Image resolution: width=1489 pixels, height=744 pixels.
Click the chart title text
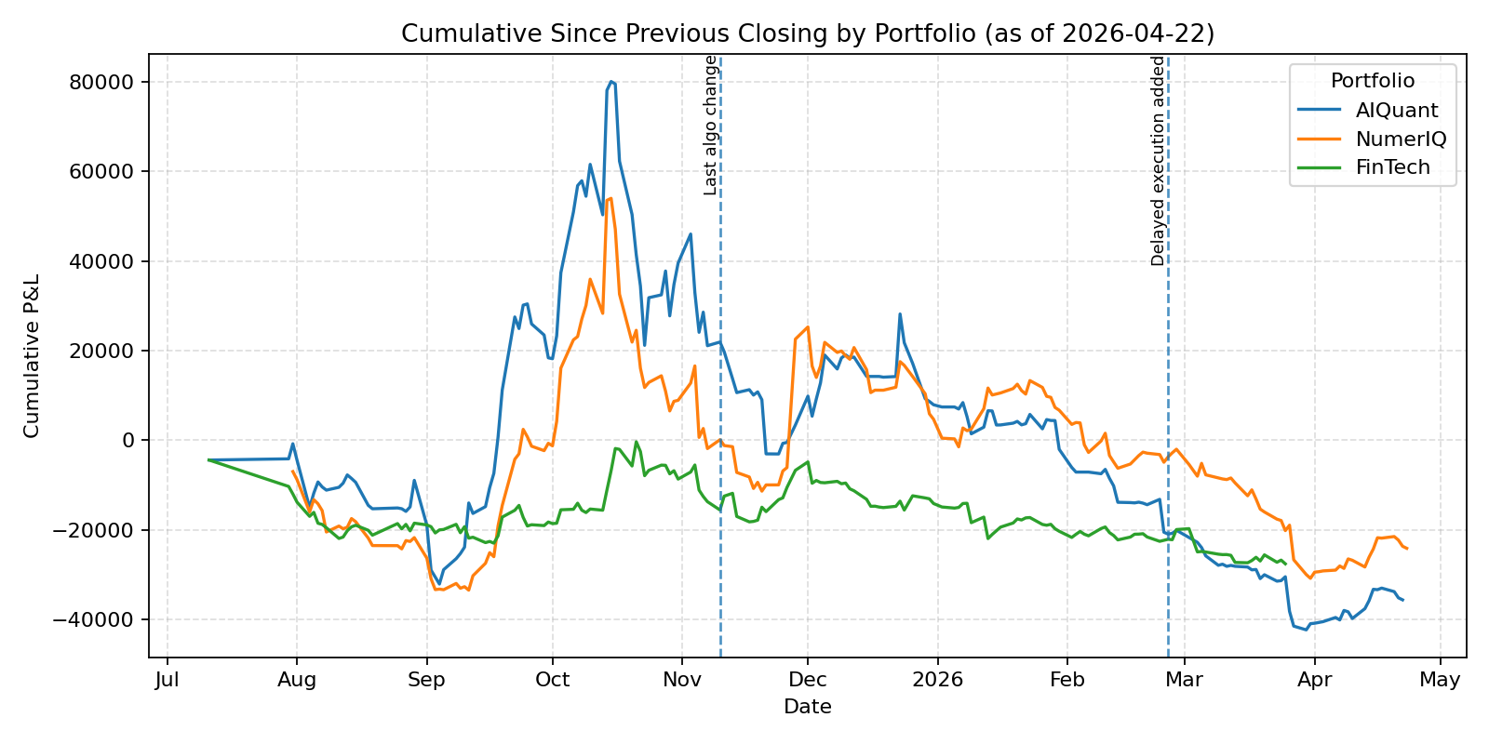[x=807, y=34]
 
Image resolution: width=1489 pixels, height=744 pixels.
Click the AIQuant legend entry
[x=1396, y=111]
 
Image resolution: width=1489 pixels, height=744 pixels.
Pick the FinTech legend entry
[x=1392, y=168]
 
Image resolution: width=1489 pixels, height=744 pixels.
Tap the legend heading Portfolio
[x=1372, y=81]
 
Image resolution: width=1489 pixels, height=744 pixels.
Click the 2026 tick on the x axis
[x=937, y=680]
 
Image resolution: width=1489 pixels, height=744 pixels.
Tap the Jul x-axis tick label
[x=168, y=680]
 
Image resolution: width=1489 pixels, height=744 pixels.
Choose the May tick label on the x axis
[x=1440, y=680]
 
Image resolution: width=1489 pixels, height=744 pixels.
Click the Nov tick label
[x=682, y=680]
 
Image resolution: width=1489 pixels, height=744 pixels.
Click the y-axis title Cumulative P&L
[x=33, y=355]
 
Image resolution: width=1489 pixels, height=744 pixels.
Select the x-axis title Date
[x=807, y=707]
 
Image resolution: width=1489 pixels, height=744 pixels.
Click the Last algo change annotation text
[x=710, y=125]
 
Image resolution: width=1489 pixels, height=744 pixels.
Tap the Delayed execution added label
[x=1158, y=160]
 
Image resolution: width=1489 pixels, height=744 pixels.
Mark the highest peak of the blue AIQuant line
[x=611, y=82]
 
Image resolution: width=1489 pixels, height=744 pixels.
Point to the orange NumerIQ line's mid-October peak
[x=610, y=198]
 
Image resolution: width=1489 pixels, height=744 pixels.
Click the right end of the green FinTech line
[x=1285, y=564]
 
